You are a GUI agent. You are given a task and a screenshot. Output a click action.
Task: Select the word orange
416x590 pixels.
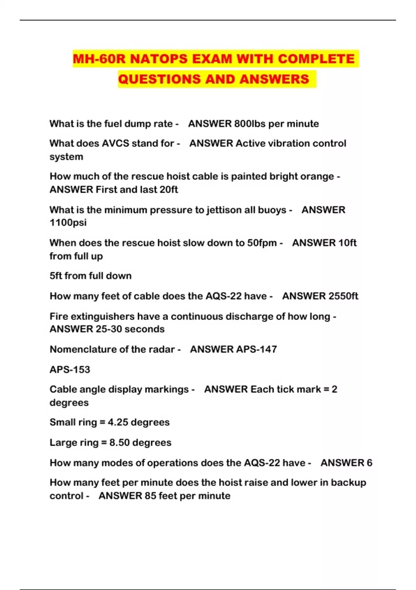coord(317,176)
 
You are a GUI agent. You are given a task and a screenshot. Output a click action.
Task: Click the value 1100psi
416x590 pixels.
coord(68,222)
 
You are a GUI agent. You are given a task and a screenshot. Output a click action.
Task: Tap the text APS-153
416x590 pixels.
coord(70,369)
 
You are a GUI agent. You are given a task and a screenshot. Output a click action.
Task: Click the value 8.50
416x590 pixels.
coord(120,442)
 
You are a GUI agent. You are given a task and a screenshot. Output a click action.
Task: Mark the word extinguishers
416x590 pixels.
coord(109,317)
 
